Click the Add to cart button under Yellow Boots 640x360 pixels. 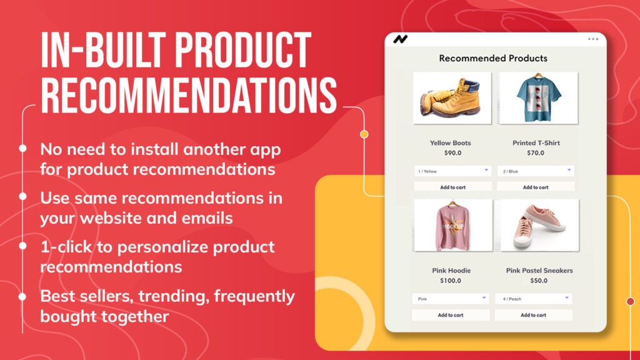coord(452,187)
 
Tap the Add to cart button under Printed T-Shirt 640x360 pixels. coord(536,187)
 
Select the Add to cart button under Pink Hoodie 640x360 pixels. coord(451,315)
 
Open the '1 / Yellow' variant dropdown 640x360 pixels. coord(452,171)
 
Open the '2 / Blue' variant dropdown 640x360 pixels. coord(536,171)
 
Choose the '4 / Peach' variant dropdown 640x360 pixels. coord(534,299)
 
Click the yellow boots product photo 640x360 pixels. coord(452,98)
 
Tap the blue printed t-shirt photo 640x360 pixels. coord(539,98)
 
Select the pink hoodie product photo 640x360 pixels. coord(453,225)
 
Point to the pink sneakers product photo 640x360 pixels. coord(539,225)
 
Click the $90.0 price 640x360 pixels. coord(452,153)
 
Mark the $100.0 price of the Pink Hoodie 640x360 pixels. coord(451,281)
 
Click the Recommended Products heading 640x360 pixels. coord(493,58)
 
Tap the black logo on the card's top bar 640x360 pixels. coord(401,39)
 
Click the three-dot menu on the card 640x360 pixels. coord(593,39)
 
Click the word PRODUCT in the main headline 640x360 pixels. coord(242,51)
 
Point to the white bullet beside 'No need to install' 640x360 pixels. coord(23,149)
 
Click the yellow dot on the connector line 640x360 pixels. coord(364,134)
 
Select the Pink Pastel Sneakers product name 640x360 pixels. coord(539,271)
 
